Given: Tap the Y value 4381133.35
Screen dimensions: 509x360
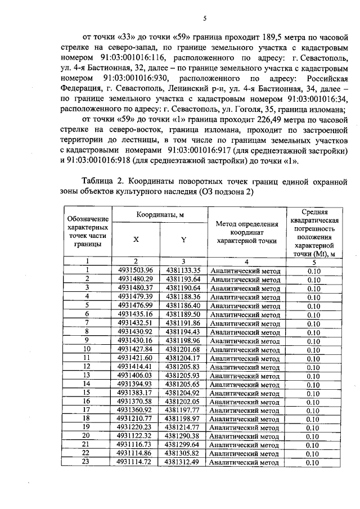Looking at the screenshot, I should click(183, 271).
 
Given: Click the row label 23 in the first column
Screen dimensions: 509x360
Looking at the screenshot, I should click(87, 462).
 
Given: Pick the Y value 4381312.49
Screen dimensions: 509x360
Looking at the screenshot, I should click(183, 462).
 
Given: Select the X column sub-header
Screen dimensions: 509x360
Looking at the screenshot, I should click(136, 239).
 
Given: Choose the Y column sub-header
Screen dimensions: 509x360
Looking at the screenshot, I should click(183, 239).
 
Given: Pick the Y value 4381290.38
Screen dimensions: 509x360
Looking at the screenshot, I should click(183, 435).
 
